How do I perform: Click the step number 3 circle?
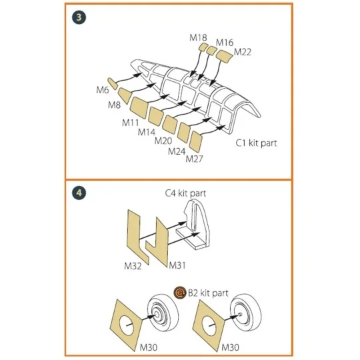(x=79, y=18)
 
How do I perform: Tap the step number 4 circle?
(x=79, y=193)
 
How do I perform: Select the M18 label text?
(x=198, y=37)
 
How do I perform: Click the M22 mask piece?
(x=224, y=56)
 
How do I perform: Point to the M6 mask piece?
(x=113, y=84)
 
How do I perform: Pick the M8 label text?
(x=115, y=105)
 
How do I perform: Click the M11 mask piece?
(x=139, y=107)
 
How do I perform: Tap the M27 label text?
(x=194, y=159)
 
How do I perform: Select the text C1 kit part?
(x=256, y=143)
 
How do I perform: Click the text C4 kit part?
(x=185, y=193)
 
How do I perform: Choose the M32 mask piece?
(x=138, y=237)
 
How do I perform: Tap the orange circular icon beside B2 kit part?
(x=180, y=293)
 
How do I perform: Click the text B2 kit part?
(x=208, y=293)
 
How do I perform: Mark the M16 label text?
(x=225, y=43)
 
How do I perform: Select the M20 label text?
(x=163, y=141)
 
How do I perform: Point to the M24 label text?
(x=177, y=151)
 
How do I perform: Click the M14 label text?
(x=147, y=132)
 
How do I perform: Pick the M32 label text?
(x=133, y=266)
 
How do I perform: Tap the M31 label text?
(x=177, y=265)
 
